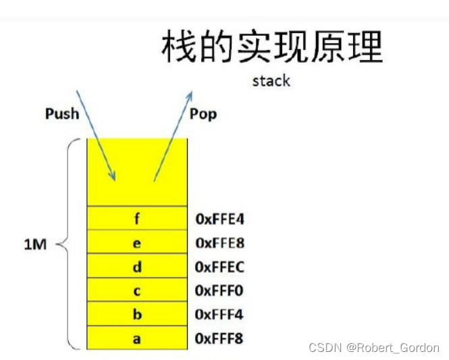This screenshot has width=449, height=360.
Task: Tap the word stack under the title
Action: (x=271, y=81)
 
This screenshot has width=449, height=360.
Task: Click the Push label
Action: (x=62, y=113)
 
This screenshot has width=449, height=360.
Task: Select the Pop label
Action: (x=203, y=113)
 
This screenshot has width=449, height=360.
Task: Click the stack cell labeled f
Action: (x=137, y=218)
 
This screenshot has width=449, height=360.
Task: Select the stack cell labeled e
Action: (x=137, y=242)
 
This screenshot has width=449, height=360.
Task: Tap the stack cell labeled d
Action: (x=137, y=267)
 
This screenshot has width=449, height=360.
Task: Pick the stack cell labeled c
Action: (x=137, y=290)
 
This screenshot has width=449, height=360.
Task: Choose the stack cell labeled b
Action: (x=137, y=315)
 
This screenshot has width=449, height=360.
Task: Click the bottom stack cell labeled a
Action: (x=137, y=338)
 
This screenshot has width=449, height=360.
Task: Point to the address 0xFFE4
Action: (x=219, y=219)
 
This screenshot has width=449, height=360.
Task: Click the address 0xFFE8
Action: (x=219, y=242)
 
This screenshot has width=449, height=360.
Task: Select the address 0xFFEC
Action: (x=219, y=267)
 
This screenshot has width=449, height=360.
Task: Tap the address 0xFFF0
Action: (x=219, y=290)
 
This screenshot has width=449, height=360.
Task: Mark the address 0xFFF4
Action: (x=219, y=315)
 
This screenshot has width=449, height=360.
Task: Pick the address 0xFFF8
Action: (x=219, y=338)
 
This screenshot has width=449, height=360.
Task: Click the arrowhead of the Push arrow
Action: (x=114, y=178)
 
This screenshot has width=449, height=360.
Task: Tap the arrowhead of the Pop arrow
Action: (x=189, y=94)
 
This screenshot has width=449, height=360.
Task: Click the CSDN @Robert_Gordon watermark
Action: (x=373, y=348)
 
